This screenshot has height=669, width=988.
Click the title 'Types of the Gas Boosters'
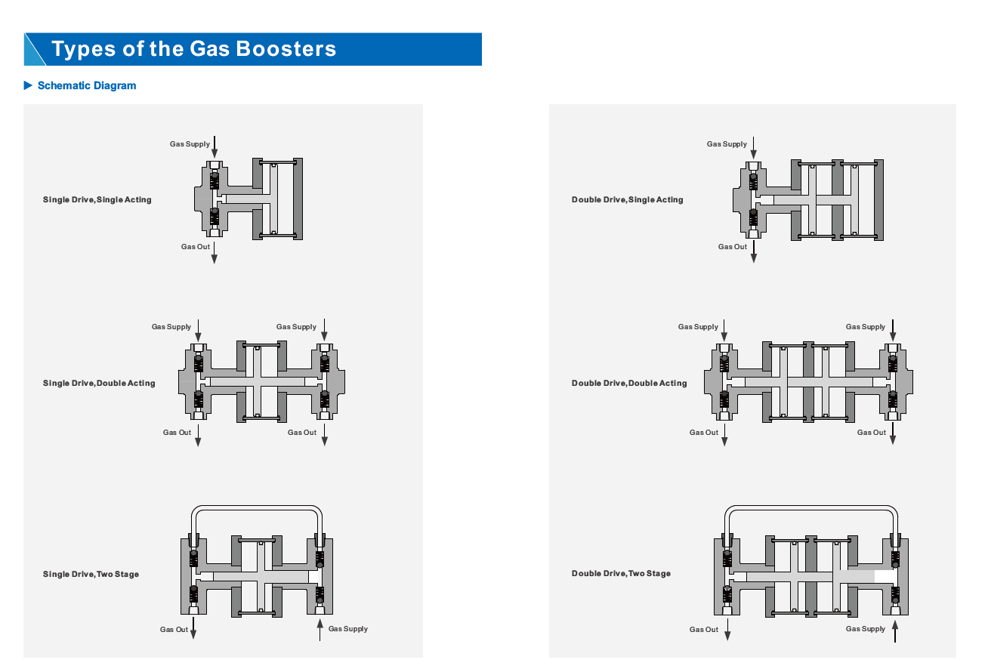[194, 49]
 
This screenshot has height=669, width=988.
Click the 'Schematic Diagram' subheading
[87, 85]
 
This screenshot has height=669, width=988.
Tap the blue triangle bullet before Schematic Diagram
[29, 85]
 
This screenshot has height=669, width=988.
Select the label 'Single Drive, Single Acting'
[97, 200]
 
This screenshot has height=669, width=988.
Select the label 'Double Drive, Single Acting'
[627, 200]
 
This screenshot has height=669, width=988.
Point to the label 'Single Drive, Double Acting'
[99, 384]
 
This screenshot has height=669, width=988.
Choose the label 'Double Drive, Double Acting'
[629, 384]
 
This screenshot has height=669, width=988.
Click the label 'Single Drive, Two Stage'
[91, 575]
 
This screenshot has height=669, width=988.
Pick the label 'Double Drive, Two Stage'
[621, 574]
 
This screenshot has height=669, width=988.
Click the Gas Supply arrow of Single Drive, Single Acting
[215, 147]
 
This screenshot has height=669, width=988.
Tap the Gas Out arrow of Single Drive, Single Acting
[215, 253]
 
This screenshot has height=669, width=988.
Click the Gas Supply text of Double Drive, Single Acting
[727, 144]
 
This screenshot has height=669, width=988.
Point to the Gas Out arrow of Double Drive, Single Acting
[754, 253]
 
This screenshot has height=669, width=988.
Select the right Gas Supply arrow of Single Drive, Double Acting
[324, 329]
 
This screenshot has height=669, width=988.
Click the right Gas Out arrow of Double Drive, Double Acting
[893, 434]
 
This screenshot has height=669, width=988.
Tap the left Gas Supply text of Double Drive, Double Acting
[698, 327]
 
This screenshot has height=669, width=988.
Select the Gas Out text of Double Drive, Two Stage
[704, 630]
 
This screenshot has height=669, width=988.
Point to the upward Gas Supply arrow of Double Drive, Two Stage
[895, 630]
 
